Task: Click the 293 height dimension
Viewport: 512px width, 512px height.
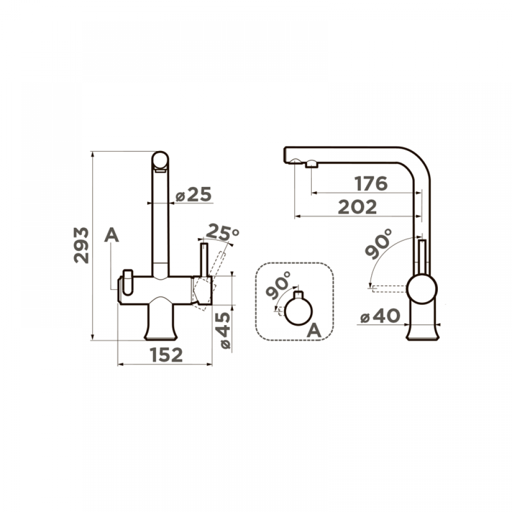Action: click(x=81, y=245)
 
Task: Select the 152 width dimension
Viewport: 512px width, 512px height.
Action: click(x=166, y=355)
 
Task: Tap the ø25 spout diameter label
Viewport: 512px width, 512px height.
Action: click(x=194, y=195)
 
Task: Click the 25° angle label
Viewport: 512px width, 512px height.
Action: click(x=223, y=231)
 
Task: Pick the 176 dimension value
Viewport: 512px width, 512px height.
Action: click(x=371, y=183)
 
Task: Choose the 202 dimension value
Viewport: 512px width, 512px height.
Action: click(x=357, y=207)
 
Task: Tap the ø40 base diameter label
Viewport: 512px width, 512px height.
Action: click(x=380, y=316)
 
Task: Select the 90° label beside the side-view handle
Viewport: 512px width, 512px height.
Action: click(x=378, y=244)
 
